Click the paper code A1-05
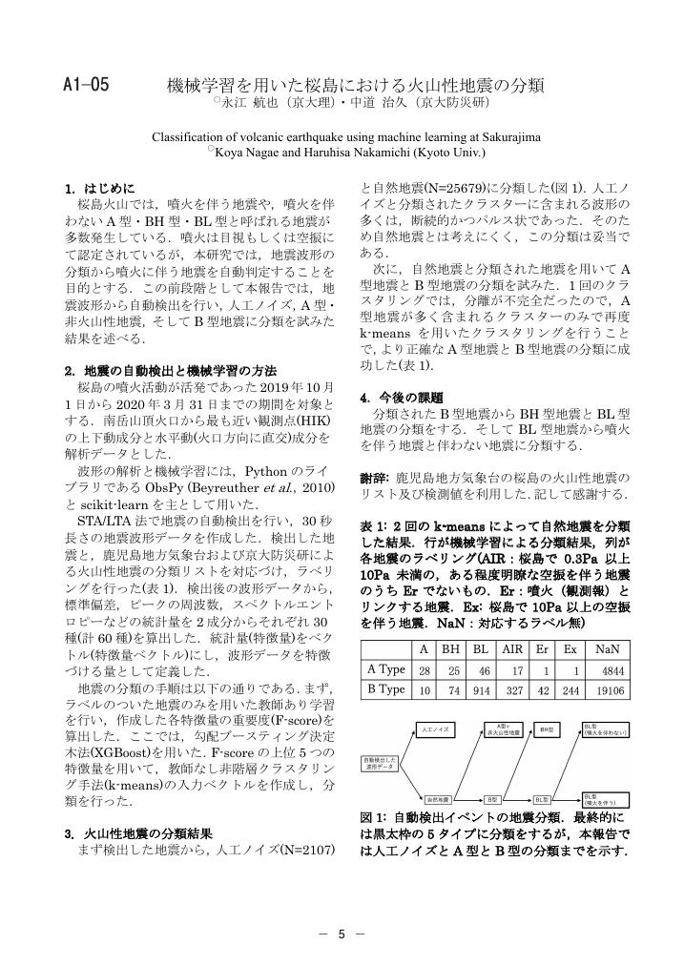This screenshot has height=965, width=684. pos(86,86)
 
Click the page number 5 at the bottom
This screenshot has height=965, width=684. pos(342,934)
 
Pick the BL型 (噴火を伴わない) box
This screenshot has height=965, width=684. pos(603,729)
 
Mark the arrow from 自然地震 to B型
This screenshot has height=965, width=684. pos(469,797)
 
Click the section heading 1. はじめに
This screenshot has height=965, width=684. pos(100,188)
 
